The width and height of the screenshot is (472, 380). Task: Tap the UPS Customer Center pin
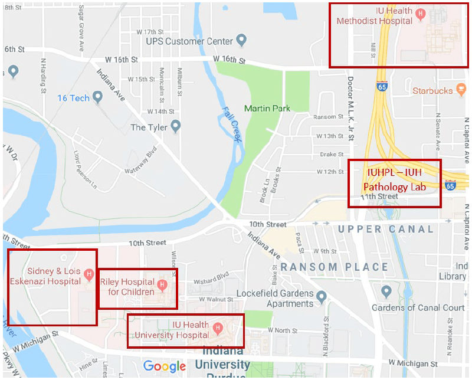pos(241,41)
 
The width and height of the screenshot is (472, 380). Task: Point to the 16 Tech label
pos(73,98)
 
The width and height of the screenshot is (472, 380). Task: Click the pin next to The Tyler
pos(175,127)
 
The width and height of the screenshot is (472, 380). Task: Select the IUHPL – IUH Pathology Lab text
pos(394,180)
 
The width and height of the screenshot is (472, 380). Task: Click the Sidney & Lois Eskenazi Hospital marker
pos(88,274)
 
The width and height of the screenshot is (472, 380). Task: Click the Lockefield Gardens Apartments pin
pos(322,296)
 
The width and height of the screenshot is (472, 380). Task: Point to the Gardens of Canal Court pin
pos(386,291)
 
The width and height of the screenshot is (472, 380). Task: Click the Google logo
pos(165,366)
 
